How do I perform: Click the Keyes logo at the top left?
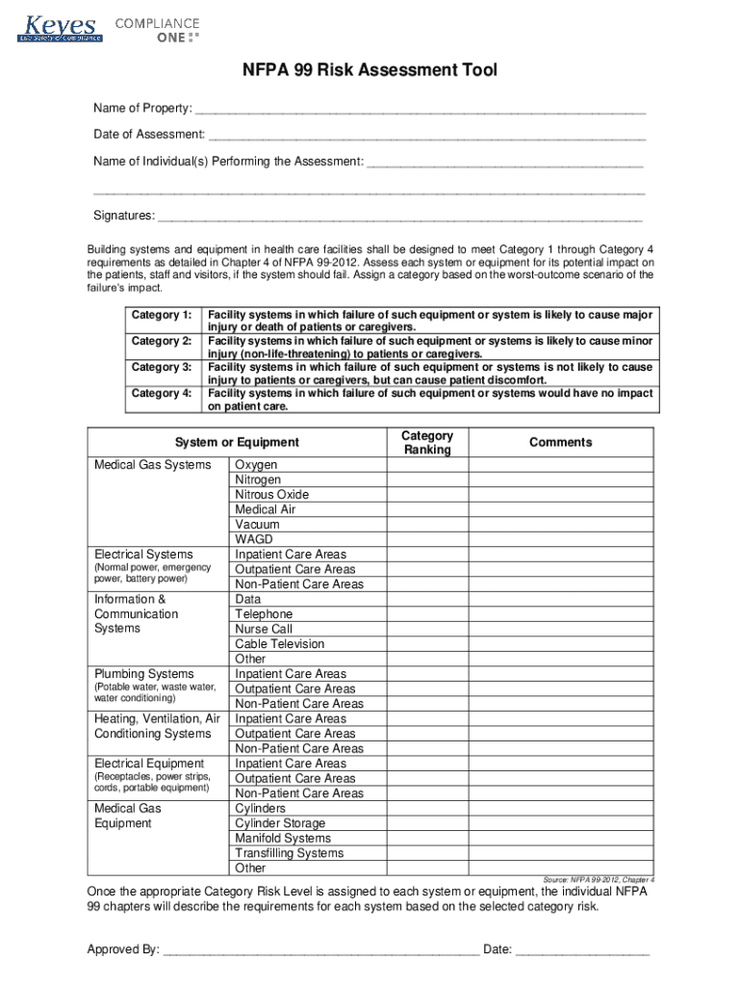click(60, 28)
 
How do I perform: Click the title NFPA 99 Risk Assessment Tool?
click(370, 71)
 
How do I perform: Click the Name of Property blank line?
click(420, 109)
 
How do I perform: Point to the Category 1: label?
click(161, 315)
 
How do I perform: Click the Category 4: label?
click(161, 393)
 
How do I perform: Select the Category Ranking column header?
click(426, 443)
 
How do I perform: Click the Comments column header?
click(560, 443)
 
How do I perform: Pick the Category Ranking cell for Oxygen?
click(426, 465)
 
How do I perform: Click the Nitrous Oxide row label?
click(271, 495)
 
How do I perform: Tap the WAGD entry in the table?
click(253, 539)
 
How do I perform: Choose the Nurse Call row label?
click(263, 629)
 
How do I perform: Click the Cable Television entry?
click(279, 644)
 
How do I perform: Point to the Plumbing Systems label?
click(143, 674)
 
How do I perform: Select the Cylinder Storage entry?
click(279, 823)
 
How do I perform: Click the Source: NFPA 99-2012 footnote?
click(599, 880)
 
